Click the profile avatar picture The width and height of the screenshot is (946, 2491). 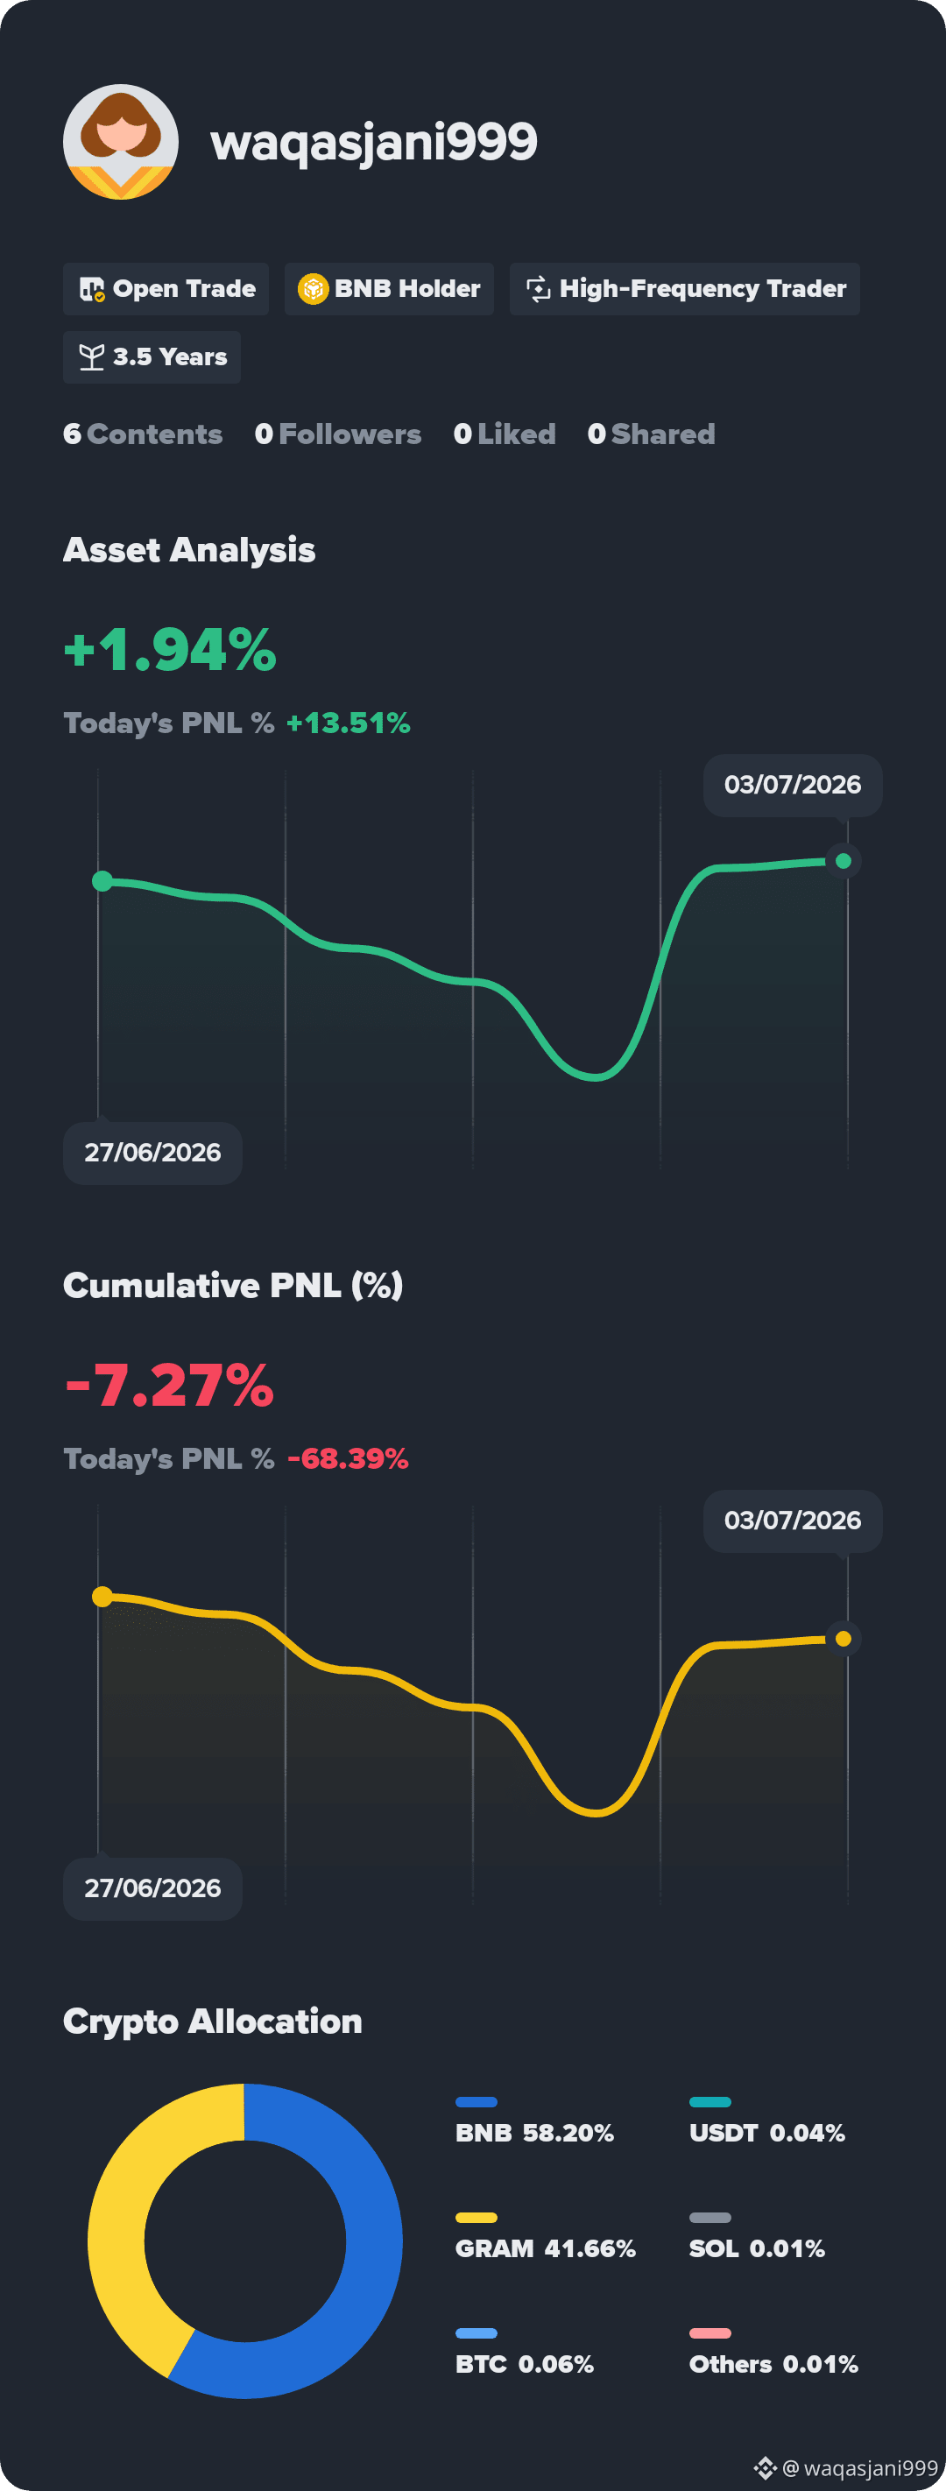coord(121,142)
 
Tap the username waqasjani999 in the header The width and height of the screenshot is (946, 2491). coord(373,142)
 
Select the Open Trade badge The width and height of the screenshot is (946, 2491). coord(166,289)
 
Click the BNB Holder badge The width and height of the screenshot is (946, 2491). coord(389,289)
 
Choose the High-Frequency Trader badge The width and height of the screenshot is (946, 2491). coord(685,289)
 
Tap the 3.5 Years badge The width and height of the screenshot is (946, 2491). coord(152,356)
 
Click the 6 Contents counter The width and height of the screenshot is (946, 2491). coord(143,434)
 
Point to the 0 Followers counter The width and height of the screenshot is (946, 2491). coord(337,434)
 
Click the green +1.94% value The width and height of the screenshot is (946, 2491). coord(170,649)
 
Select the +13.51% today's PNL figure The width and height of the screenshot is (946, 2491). coord(349,723)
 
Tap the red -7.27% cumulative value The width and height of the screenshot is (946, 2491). coord(169,1385)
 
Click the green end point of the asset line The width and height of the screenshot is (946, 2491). coord(844,861)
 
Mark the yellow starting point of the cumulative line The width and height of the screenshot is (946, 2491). coord(102,1596)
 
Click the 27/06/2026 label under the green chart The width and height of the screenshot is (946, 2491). coord(152,1153)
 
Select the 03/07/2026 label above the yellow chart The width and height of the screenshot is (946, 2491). coord(792,1521)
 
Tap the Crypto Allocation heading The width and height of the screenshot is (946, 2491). coord(213,2021)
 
